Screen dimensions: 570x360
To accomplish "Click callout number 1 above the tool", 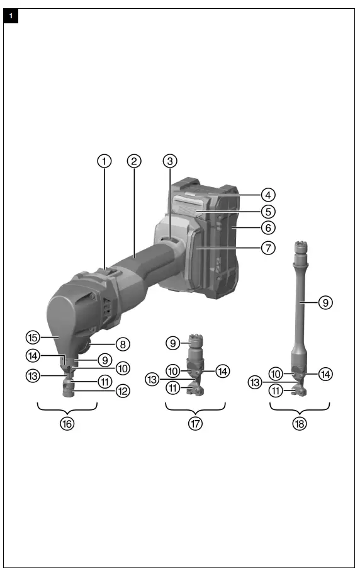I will coord(104,161).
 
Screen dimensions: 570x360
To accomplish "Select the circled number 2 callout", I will coord(133,161).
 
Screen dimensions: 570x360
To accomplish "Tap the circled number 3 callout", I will coord(169,161).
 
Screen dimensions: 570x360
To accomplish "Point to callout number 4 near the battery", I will coord(268,194).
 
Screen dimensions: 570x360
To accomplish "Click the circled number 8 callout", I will coord(122,345).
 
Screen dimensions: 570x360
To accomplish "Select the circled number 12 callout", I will coord(122,391).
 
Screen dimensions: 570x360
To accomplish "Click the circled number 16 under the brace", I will coord(67,423).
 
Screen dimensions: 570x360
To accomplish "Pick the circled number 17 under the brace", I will coord(196,423).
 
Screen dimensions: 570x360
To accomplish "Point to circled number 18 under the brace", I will coord(300,423).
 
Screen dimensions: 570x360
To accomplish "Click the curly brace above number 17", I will coord(196,408).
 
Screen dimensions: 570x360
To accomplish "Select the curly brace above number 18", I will coord(300,408).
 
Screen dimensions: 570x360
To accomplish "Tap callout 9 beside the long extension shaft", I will coord(325,303).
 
